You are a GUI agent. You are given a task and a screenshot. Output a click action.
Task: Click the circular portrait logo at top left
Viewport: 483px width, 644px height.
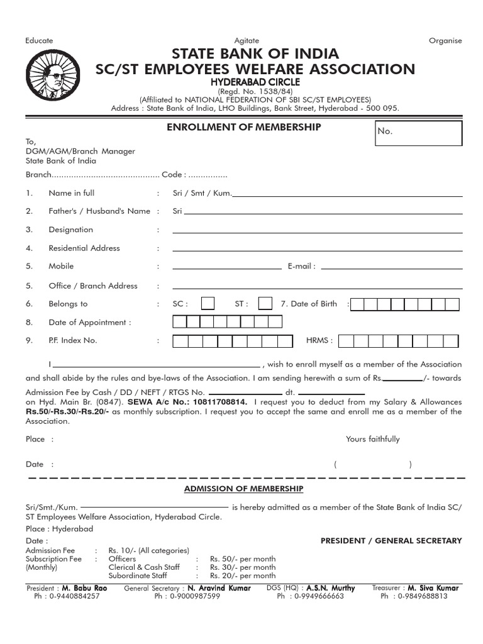[x=51, y=75]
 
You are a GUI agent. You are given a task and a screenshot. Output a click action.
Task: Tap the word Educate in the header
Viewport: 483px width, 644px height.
[x=39, y=40]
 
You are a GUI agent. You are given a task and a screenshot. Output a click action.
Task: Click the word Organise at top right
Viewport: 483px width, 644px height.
[x=445, y=40]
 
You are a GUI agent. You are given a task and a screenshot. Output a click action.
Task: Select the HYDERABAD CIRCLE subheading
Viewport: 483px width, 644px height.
[x=255, y=82]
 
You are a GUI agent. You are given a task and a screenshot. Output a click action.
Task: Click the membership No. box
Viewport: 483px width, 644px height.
[x=418, y=133]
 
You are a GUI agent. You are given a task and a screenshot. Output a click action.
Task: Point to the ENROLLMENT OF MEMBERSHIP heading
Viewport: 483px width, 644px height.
[x=243, y=127]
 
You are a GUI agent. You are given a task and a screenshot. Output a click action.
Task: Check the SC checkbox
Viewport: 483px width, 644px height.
[x=208, y=304]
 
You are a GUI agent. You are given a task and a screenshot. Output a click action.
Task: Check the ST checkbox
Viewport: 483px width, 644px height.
[x=265, y=304]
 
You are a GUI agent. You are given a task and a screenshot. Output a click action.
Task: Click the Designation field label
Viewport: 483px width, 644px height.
[x=70, y=230]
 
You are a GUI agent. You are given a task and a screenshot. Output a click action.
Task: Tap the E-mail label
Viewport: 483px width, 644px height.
[x=301, y=267]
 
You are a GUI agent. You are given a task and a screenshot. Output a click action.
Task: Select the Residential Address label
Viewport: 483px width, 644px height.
[x=84, y=248]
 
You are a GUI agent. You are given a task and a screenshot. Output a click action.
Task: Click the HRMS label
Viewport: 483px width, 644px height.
[x=319, y=341]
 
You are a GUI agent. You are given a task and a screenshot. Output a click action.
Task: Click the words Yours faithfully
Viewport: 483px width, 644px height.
[x=372, y=439]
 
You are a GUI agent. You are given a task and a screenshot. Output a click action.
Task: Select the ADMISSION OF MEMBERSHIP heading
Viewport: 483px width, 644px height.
[x=243, y=489]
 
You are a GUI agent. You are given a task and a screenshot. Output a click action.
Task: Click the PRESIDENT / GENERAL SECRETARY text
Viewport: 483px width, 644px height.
[x=391, y=540]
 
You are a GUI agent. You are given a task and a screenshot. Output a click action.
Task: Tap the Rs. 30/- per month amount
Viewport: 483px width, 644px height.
[x=243, y=567]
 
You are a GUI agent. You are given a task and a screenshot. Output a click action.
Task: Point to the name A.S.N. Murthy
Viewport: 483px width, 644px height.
[x=330, y=588]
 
